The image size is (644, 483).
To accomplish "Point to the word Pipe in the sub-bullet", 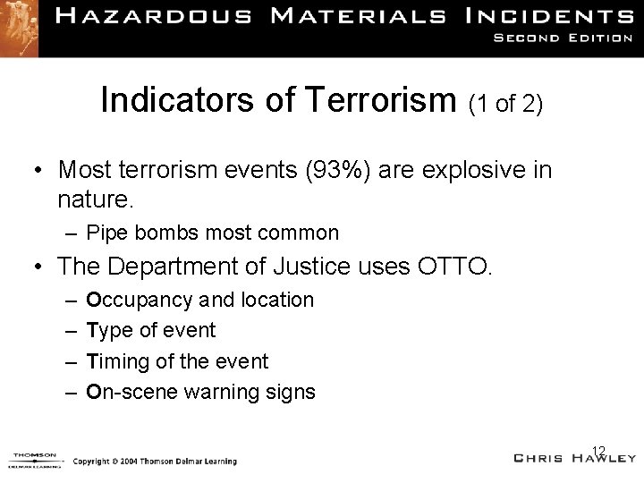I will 106,233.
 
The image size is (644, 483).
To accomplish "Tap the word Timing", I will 114,360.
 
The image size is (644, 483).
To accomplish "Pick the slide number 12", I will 599,450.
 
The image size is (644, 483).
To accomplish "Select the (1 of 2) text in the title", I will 504,103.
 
